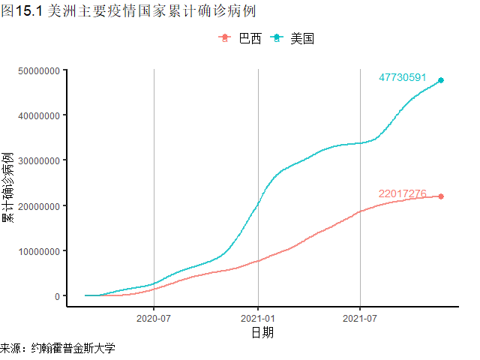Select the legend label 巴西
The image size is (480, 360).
[250, 39]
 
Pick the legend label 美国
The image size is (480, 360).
[302, 39]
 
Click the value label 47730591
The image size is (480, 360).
[403, 77]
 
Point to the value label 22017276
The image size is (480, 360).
[403, 193]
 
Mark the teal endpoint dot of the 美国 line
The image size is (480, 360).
[441, 80]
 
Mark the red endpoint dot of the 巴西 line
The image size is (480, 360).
[441, 196]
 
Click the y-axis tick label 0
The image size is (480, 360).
[57, 295]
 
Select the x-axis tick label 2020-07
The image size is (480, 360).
[154, 317]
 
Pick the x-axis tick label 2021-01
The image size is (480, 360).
[258, 317]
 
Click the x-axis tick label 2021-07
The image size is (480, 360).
[361, 317]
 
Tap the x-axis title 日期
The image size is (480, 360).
[262, 332]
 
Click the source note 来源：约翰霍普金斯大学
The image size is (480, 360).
[58, 349]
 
